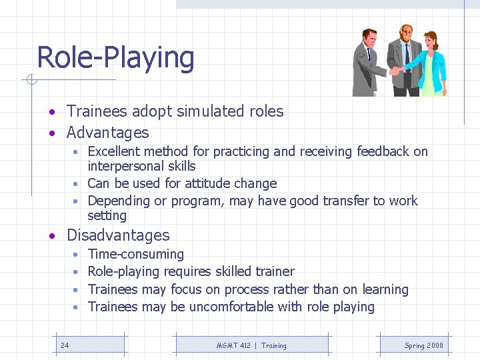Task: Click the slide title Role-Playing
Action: pos(115,57)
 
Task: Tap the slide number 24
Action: pos(65,345)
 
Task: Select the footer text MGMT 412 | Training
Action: pos(251,345)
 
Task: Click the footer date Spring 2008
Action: pos(423,345)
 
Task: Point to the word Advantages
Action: pos(107,133)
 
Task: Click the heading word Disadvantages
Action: pos(118,235)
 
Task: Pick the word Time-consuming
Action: pos(136,254)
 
